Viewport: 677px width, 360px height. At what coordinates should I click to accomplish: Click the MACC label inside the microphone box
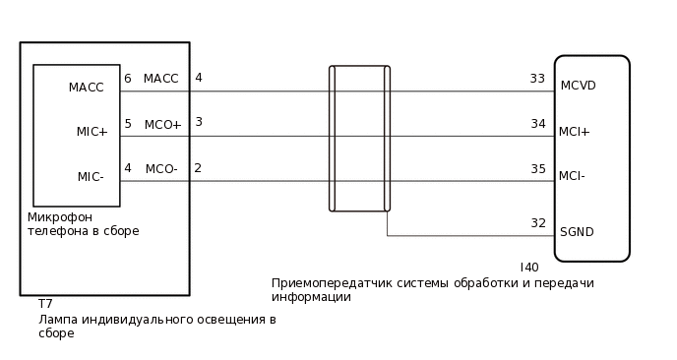86,88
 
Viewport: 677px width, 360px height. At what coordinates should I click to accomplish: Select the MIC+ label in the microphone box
92,132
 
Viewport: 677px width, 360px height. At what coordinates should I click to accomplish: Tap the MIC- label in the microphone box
90,177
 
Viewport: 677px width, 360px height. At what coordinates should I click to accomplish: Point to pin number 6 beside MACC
128,79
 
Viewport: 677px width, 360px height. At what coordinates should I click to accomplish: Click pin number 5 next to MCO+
128,124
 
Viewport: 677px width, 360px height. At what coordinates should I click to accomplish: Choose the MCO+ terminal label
162,125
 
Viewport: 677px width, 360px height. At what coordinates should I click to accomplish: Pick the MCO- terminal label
160,169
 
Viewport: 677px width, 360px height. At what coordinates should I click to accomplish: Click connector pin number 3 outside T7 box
199,122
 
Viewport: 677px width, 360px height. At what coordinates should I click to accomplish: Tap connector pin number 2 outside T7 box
198,168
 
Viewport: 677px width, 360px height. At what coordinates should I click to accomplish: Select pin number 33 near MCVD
537,79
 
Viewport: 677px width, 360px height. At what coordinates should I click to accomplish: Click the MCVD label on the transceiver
578,86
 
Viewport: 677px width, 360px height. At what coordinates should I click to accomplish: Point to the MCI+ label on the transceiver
574,131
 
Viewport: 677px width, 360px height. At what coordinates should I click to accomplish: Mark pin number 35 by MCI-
537,169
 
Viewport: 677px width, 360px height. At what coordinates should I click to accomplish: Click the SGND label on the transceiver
577,232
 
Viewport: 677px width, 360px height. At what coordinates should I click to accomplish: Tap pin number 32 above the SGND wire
537,223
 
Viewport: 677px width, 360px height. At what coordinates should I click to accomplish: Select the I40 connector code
529,268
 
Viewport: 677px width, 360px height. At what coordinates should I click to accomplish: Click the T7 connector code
45,305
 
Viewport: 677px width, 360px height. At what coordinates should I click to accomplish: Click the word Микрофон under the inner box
59,217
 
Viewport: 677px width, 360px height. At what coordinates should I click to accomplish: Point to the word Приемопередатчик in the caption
330,283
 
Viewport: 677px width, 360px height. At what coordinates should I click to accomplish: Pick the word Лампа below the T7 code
57,320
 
